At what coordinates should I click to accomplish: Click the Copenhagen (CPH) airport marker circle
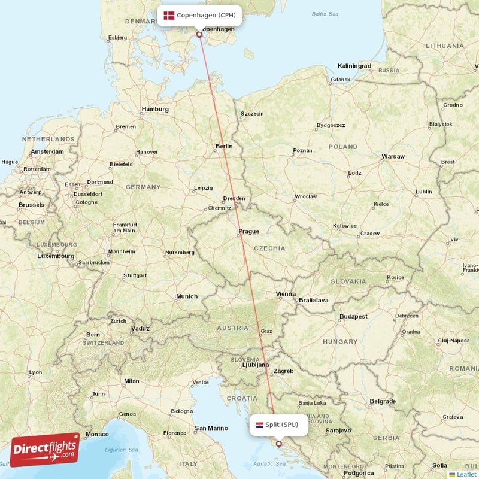click(199, 34)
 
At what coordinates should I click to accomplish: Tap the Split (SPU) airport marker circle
click(278, 444)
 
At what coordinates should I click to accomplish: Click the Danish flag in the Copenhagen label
click(168, 15)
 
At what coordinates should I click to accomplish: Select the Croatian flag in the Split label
click(260, 425)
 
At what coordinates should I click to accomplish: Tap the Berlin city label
click(224, 146)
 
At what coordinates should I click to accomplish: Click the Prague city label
click(248, 231)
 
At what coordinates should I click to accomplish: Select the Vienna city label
click(286, 294)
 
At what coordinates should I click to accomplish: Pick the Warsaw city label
click(393, 157)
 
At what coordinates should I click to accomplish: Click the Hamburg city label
click(155, 110)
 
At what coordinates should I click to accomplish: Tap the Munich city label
click(187, 296)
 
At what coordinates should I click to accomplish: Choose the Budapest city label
click(353, 316)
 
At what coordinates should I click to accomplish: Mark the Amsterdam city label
click(47, 152)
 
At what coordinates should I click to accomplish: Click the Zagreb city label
click(283, 371)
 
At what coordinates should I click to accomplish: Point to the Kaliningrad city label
click(354, 66)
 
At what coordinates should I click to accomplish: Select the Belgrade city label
click(383, 401)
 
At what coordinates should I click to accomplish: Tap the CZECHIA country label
click(271, 248)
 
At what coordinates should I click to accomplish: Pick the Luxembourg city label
click(56, 256)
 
